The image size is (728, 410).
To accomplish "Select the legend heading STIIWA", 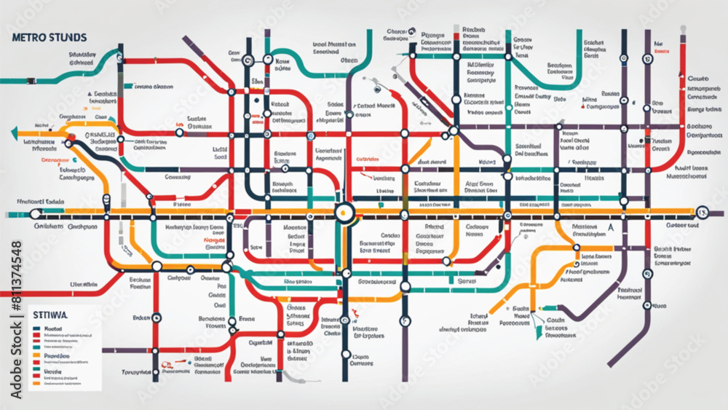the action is pyautogui.click(x=50, y=315).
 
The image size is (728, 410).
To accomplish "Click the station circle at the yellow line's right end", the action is pyautogui.click(x=702, y=213).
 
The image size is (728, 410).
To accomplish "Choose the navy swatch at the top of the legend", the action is pyautogui.click(x=36, y=329).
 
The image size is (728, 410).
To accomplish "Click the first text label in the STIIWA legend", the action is pyautogui.click(x=55, y=329).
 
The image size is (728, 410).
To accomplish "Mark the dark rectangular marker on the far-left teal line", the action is pyautogui.click(x=128, y=86).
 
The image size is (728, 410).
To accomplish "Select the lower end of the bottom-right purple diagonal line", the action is pyautogui.click(x=610, y=363).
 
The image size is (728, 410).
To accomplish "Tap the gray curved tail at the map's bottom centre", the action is pyautogui.click(x=291, y=379).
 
